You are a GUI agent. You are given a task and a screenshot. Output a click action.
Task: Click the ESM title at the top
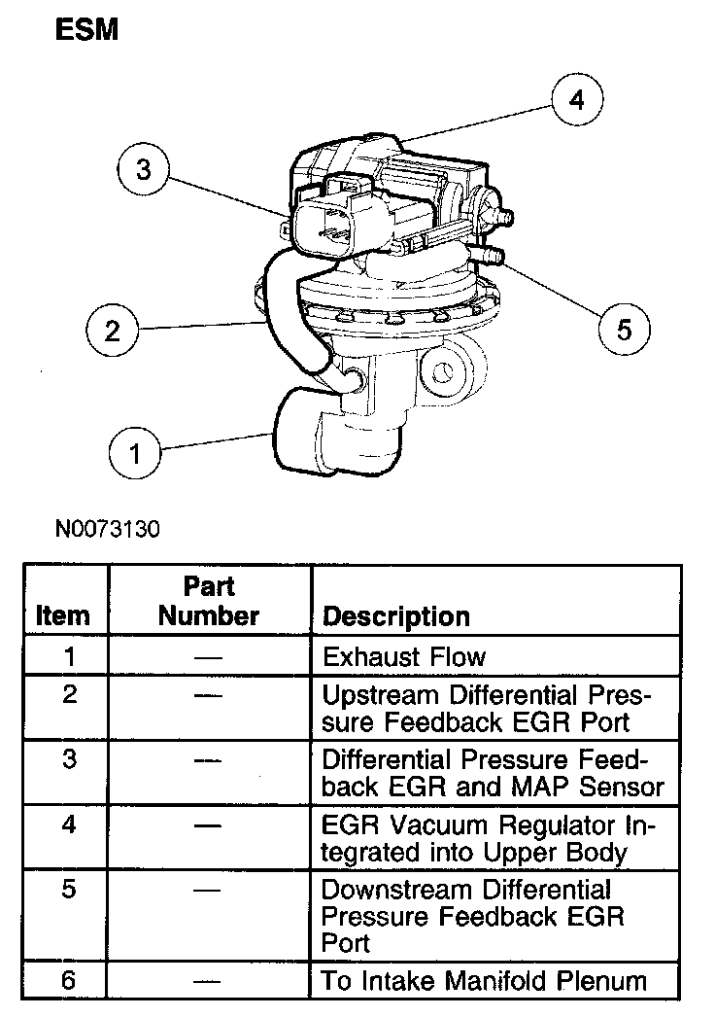click(85, 30)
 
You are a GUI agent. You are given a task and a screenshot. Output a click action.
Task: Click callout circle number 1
click(136, 452)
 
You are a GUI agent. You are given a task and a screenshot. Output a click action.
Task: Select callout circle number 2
click(113, 331)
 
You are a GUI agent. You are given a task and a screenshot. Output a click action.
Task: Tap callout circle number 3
click(144, 170)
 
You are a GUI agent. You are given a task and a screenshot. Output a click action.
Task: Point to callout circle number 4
click(577, 100)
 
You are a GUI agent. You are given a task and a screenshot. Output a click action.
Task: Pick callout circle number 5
click(623, 330)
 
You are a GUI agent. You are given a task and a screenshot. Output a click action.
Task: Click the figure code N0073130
click(107, 530)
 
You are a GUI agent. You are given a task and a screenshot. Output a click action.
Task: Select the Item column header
click(63, 615)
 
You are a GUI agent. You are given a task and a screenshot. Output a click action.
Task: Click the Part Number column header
click(209, 602)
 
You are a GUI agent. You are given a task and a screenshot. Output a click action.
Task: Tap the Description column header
click(395, 616)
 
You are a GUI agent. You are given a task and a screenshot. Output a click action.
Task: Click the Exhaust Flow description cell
click(403, 657)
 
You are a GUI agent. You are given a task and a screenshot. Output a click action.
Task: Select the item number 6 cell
click(68, 980)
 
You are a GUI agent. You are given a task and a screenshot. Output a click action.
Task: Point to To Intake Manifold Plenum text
click(483, 981)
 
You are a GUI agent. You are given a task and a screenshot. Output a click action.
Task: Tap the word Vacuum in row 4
click(431, 826)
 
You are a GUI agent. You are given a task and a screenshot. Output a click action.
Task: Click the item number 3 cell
click(68, 758)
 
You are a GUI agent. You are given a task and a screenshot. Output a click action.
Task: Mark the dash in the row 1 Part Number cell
click(208, 658)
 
